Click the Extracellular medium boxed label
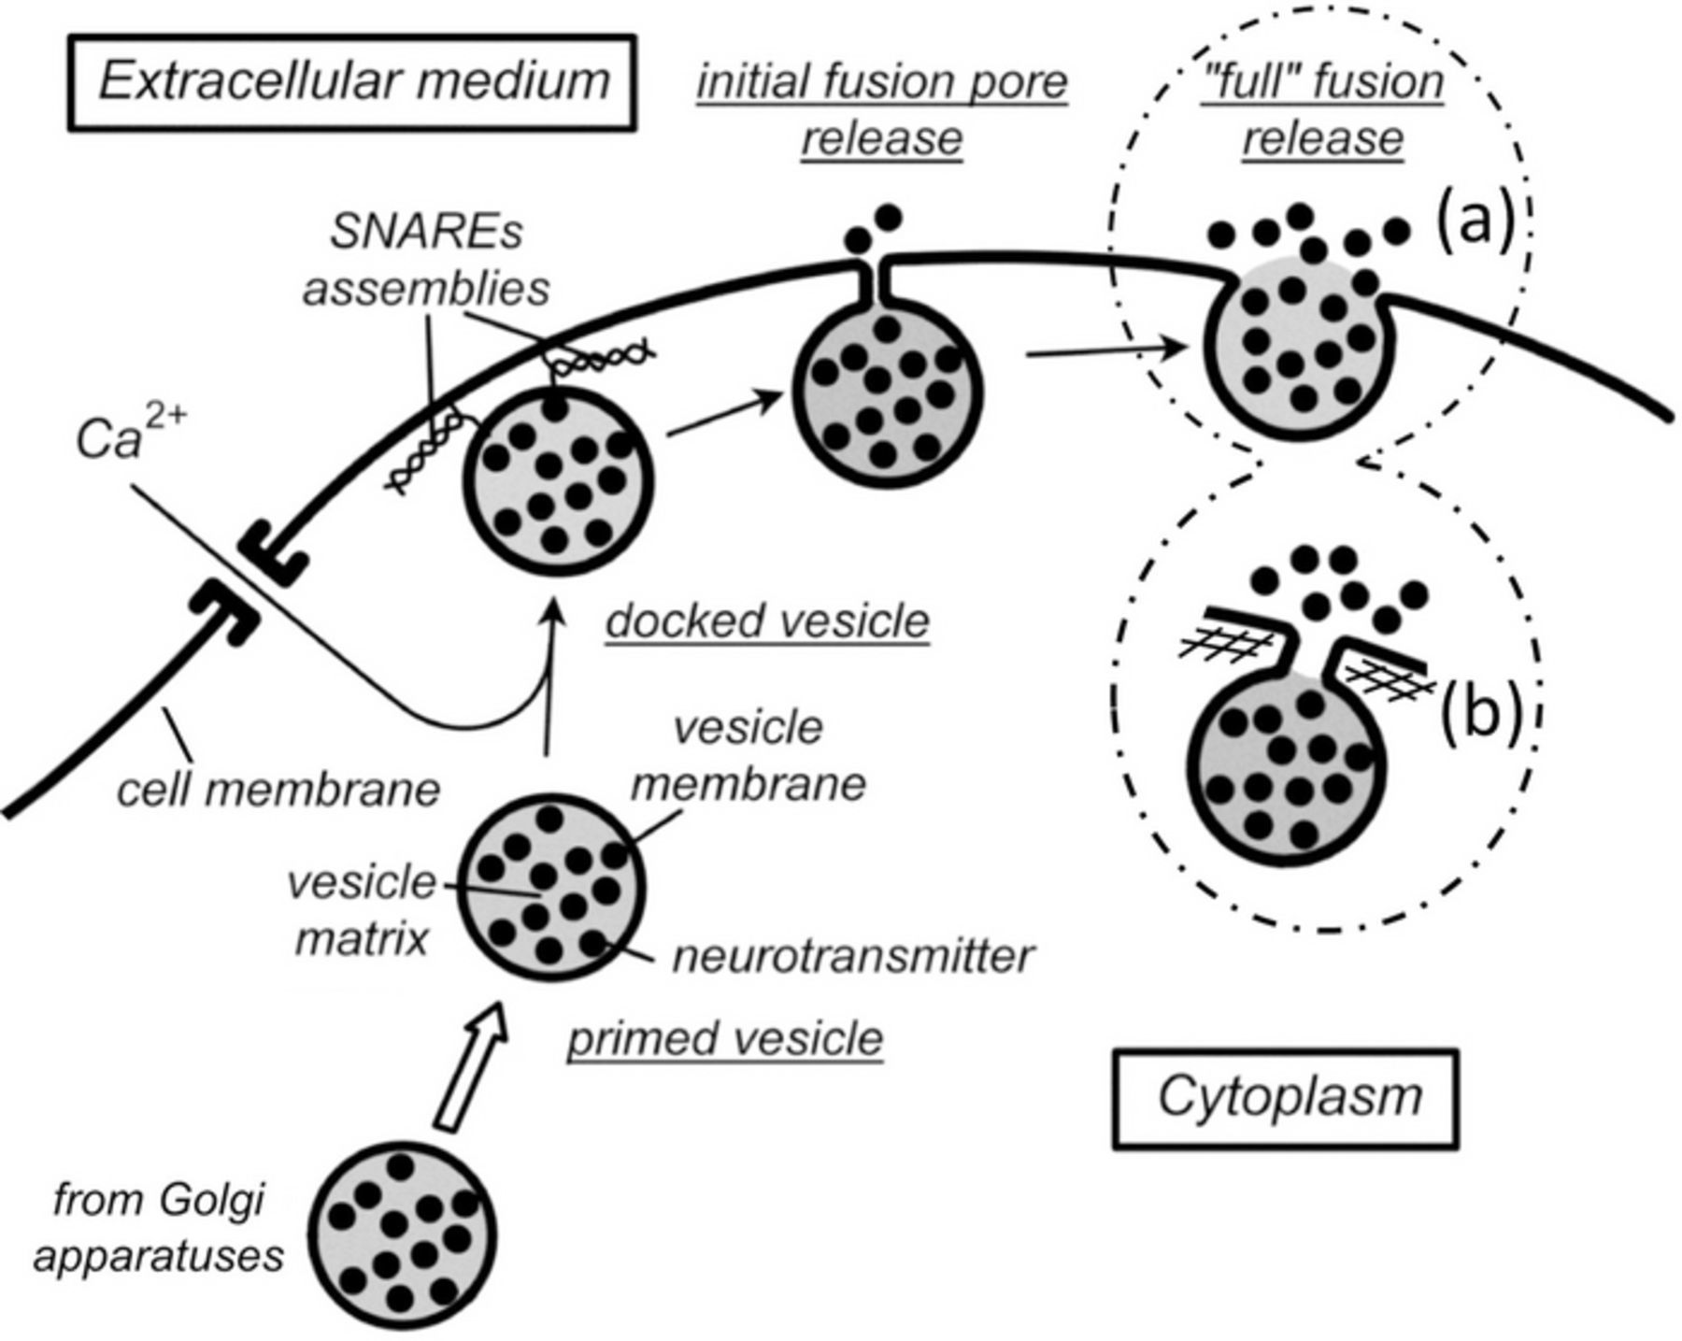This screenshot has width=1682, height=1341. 352,81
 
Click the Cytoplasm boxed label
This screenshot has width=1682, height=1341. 1286,1097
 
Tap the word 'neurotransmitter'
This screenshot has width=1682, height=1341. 852,956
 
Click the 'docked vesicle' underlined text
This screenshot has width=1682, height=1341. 767,621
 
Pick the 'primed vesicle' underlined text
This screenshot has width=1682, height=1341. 725,1038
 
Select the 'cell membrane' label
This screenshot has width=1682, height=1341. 278,790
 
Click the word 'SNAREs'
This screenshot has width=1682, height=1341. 427,232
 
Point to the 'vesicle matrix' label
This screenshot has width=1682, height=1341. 362,908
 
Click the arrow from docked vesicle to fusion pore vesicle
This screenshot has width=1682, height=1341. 724,416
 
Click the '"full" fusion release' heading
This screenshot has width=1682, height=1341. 1322,110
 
